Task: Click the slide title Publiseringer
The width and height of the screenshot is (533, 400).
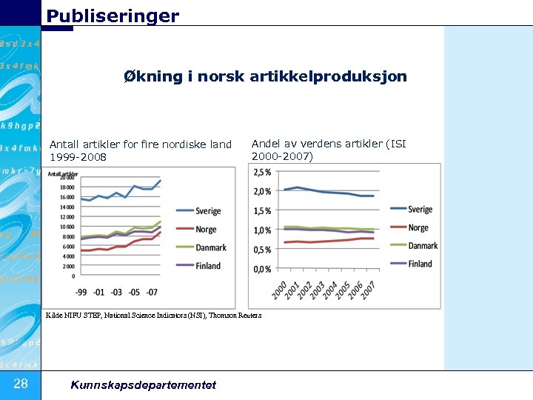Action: [x=113, y=16]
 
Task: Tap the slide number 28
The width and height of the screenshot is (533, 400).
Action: [x=21, y=383]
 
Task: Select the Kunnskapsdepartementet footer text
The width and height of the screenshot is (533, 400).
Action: [x=143, y=384]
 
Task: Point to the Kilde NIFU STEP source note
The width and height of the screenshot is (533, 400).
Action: [x=153, y=315]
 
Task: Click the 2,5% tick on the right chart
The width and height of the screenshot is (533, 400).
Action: [x=262, y=172]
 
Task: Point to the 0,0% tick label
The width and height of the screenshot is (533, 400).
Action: [x=262, y=269]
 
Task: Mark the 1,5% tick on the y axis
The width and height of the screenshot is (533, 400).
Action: [x=262, y=211]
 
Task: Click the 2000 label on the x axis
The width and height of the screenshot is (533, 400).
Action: [x=281, y=290]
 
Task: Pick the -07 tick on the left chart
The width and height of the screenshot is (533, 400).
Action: [x=152, y=292]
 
